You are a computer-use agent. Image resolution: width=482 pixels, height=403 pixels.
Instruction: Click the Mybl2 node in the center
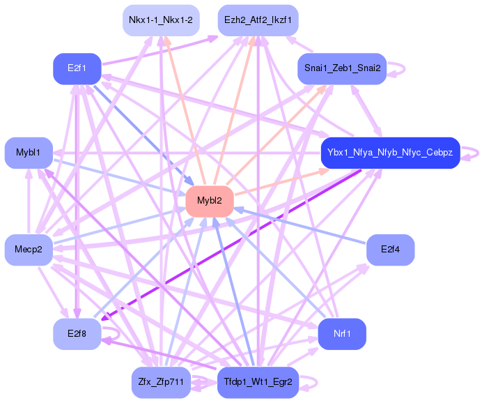coord(210,201)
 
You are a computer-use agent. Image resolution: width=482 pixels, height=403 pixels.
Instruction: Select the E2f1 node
coord(77,68)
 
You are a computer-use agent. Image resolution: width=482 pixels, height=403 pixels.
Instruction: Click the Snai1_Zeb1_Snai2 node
coord(342,68)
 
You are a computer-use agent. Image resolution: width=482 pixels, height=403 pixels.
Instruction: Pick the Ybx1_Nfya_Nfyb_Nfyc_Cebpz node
coord(390,152)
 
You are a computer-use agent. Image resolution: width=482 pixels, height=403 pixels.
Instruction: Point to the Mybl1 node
coord(29,152)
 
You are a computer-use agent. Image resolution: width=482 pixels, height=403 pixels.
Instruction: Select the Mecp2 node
coord(29,249)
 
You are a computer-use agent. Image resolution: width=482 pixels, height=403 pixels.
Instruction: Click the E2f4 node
coord(390,249)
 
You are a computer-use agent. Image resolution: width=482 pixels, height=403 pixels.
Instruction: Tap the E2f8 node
coord(77,333)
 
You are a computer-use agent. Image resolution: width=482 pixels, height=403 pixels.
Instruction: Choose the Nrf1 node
coord(342,333)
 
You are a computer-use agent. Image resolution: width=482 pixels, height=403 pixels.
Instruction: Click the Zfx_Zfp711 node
coord(161,382)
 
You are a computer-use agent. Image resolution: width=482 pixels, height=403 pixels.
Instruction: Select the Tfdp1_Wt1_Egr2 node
coord(258,382)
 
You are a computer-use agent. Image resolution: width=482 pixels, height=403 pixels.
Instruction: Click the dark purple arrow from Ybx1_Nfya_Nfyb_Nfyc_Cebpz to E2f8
coord(230,244)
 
